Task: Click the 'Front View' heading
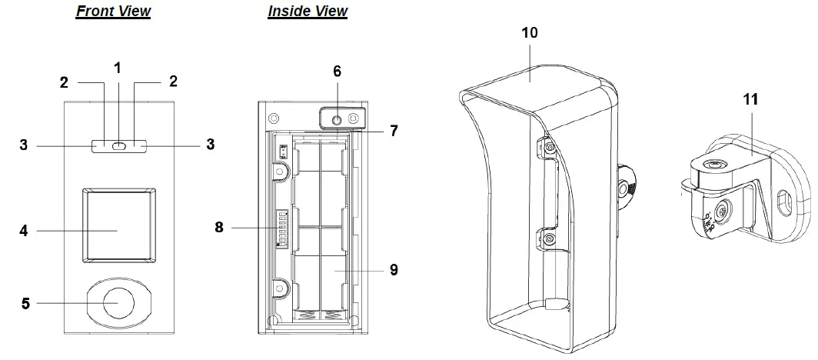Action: (x=113, y=12)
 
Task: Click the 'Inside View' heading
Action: (x=308, y=12)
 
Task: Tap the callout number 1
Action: (x=118, y=68)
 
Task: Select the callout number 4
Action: (x=23, y=230)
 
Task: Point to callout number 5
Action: (x=25, y=303)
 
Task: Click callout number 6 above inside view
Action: (x=337, y=71)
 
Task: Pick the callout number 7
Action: (x=393, y=131)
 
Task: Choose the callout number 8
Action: (x=219, y=228)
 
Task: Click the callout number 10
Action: (x=529, y=32)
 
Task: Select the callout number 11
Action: (x=751, y=100)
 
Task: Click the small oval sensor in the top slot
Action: (x=118, y=145)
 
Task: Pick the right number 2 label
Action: (x=173, y=81)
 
